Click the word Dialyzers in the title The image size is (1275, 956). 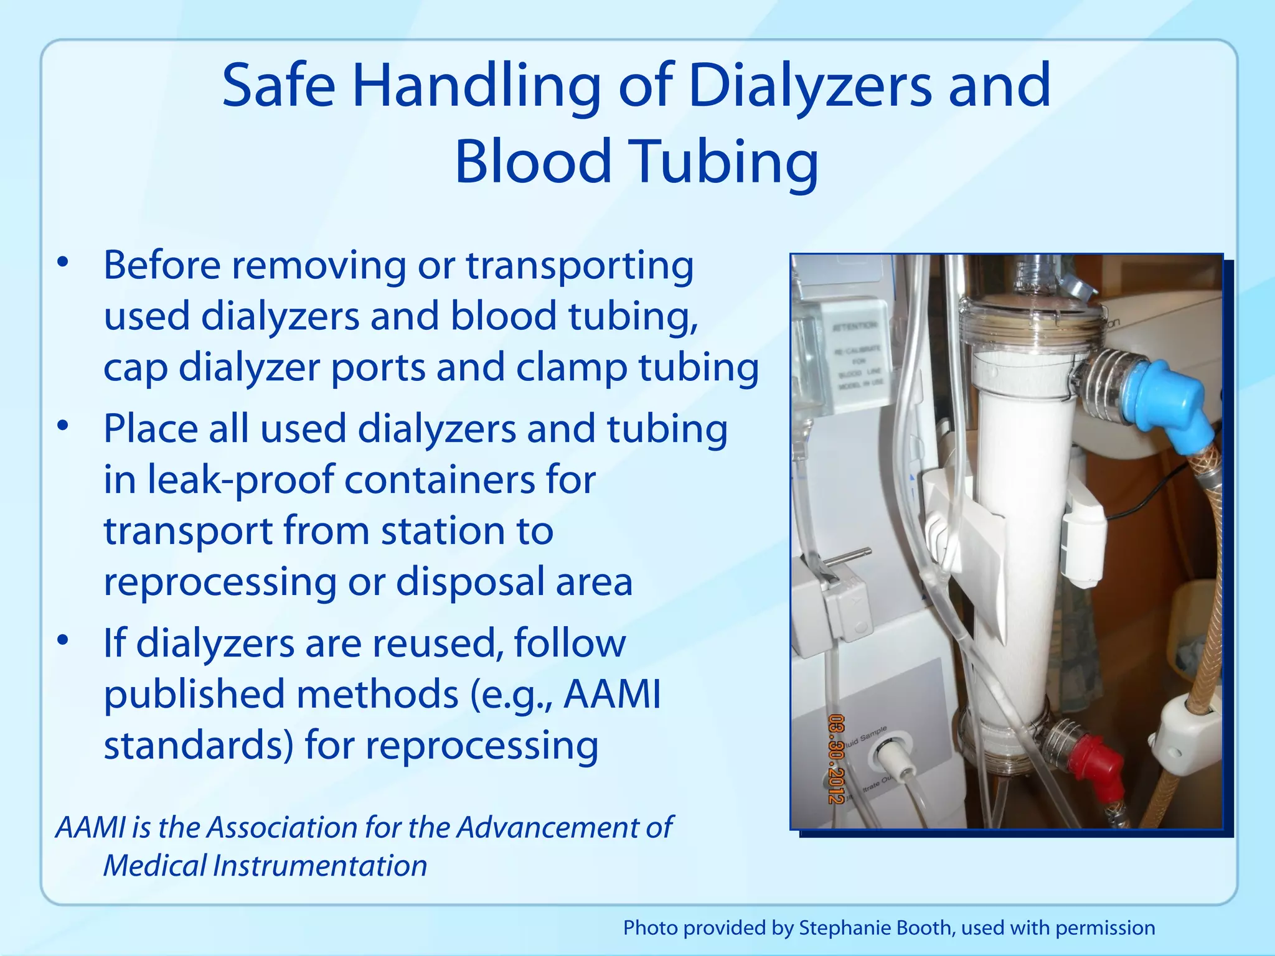tap(809, 87)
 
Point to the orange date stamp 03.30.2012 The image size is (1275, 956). tap(835, 759)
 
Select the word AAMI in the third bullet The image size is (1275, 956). tap(611, 694)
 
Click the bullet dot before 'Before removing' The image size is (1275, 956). tap(62, 263)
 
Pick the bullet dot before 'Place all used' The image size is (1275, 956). tap(62, 427)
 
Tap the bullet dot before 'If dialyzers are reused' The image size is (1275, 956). tap(62, 640)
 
